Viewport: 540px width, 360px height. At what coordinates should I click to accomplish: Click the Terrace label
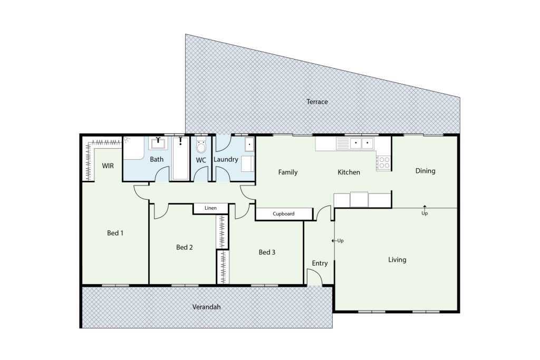click(317, 102)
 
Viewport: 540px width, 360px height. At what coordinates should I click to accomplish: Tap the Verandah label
click(206, 307)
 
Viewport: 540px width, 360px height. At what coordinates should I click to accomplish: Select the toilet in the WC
click(201, 145)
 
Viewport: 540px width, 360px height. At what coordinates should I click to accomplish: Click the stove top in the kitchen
click(384, 163)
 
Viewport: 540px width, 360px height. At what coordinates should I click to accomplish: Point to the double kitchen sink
click(362, 143)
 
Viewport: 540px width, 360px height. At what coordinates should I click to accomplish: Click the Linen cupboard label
click(210, 208)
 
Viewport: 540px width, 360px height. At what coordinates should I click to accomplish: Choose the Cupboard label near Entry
click(283, 213)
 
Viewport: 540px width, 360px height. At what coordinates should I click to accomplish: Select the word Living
click(397, 260)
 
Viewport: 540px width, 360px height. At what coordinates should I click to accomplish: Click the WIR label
click(108, 166)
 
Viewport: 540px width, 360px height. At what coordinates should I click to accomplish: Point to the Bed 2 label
click(184, 247)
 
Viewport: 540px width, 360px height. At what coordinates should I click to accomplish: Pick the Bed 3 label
click(267, 252)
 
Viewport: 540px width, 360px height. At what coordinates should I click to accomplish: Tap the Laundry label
click(226, 159)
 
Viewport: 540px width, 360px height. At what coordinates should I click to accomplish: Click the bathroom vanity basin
click(158, 143)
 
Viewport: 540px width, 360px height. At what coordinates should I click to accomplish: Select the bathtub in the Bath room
click(180, 158)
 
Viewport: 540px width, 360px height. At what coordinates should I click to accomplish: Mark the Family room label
click(287, 172)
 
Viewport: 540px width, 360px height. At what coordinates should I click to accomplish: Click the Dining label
click(426, 171)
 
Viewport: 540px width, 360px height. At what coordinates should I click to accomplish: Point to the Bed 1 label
click(115, 233)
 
